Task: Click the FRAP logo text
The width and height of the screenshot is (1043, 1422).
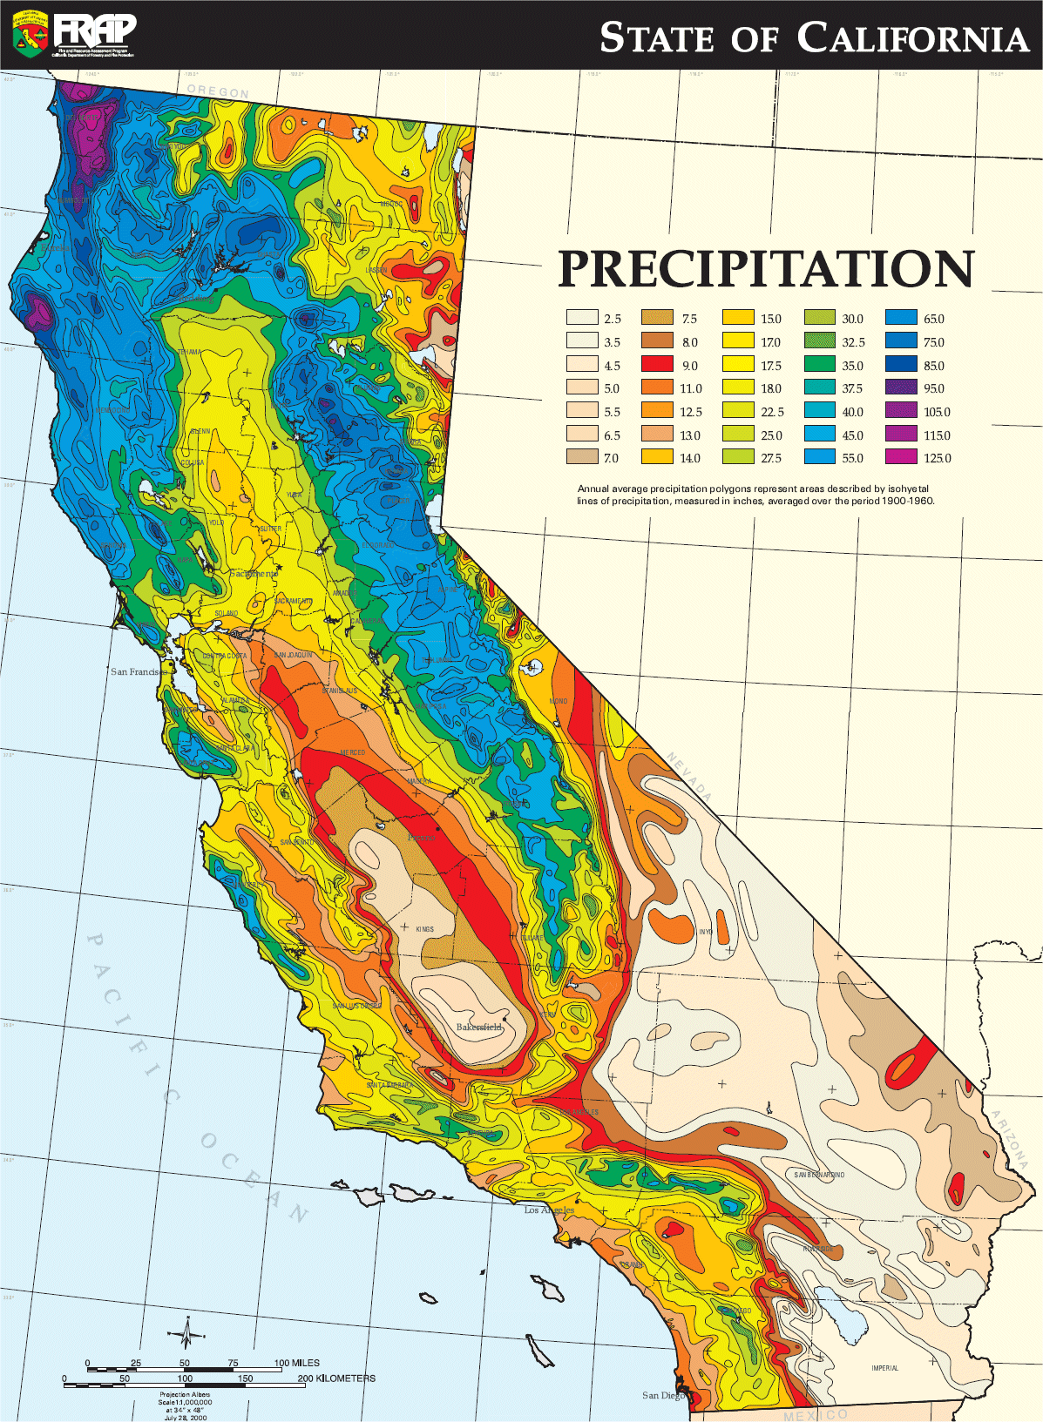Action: (94, 30)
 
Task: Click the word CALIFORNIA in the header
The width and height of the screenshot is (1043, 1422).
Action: (912, 39)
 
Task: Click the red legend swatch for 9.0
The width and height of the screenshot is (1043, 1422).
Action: (658, 365)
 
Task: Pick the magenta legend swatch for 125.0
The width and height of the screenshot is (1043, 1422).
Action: (901, 458)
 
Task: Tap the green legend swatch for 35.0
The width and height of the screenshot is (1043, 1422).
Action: (820, 365)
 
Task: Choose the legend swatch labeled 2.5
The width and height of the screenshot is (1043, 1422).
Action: (582, 319)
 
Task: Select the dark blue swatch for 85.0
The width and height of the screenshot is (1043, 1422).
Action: (901, 365)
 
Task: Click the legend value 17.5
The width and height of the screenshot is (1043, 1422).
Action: (771, 366)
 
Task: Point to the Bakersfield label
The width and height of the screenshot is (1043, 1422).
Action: (480, 1028)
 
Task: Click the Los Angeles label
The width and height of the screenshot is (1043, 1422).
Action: (549, 1210)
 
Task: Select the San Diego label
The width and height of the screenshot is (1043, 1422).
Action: (663, 1395)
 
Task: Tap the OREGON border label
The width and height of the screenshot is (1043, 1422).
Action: (218, 91)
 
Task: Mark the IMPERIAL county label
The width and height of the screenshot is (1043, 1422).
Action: (884, 1368)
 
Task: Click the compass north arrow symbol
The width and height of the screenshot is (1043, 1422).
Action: (186, 1333)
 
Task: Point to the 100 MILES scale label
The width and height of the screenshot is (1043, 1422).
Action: (297, 1363)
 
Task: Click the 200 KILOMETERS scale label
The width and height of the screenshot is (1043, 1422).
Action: (336, 1378)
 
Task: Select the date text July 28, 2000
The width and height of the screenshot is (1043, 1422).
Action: (186, 1418)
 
